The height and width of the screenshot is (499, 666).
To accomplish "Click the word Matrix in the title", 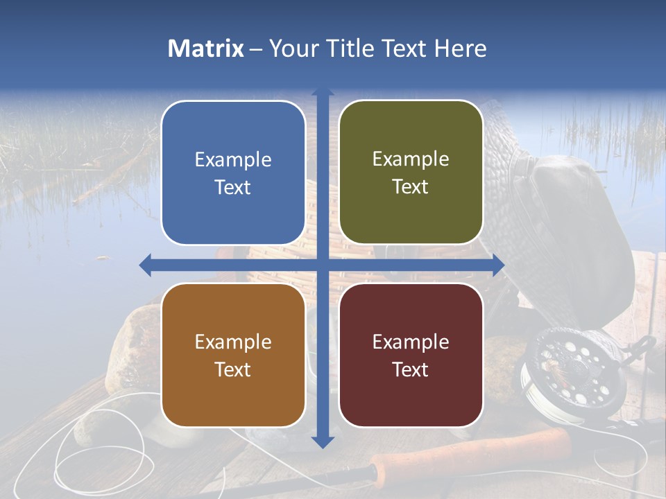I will (206, 49).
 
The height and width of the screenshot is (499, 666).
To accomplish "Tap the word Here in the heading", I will (460, 49).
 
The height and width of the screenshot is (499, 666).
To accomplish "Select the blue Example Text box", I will (233, 173).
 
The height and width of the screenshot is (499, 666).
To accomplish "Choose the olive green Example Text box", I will (411, 173).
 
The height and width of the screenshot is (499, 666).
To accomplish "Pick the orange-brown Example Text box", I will (233, 355).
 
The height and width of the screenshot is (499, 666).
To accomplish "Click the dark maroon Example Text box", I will (411, 355).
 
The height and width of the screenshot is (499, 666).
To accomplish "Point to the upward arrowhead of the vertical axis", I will (323, 92).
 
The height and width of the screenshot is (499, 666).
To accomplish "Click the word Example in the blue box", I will (233, 160).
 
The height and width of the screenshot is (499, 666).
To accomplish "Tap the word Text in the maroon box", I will (411, 369).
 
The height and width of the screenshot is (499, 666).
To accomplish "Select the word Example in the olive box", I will (411, 159).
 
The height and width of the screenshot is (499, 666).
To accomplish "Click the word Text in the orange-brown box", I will (233, 369).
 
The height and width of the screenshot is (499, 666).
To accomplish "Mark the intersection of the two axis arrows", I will (323, 265).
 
